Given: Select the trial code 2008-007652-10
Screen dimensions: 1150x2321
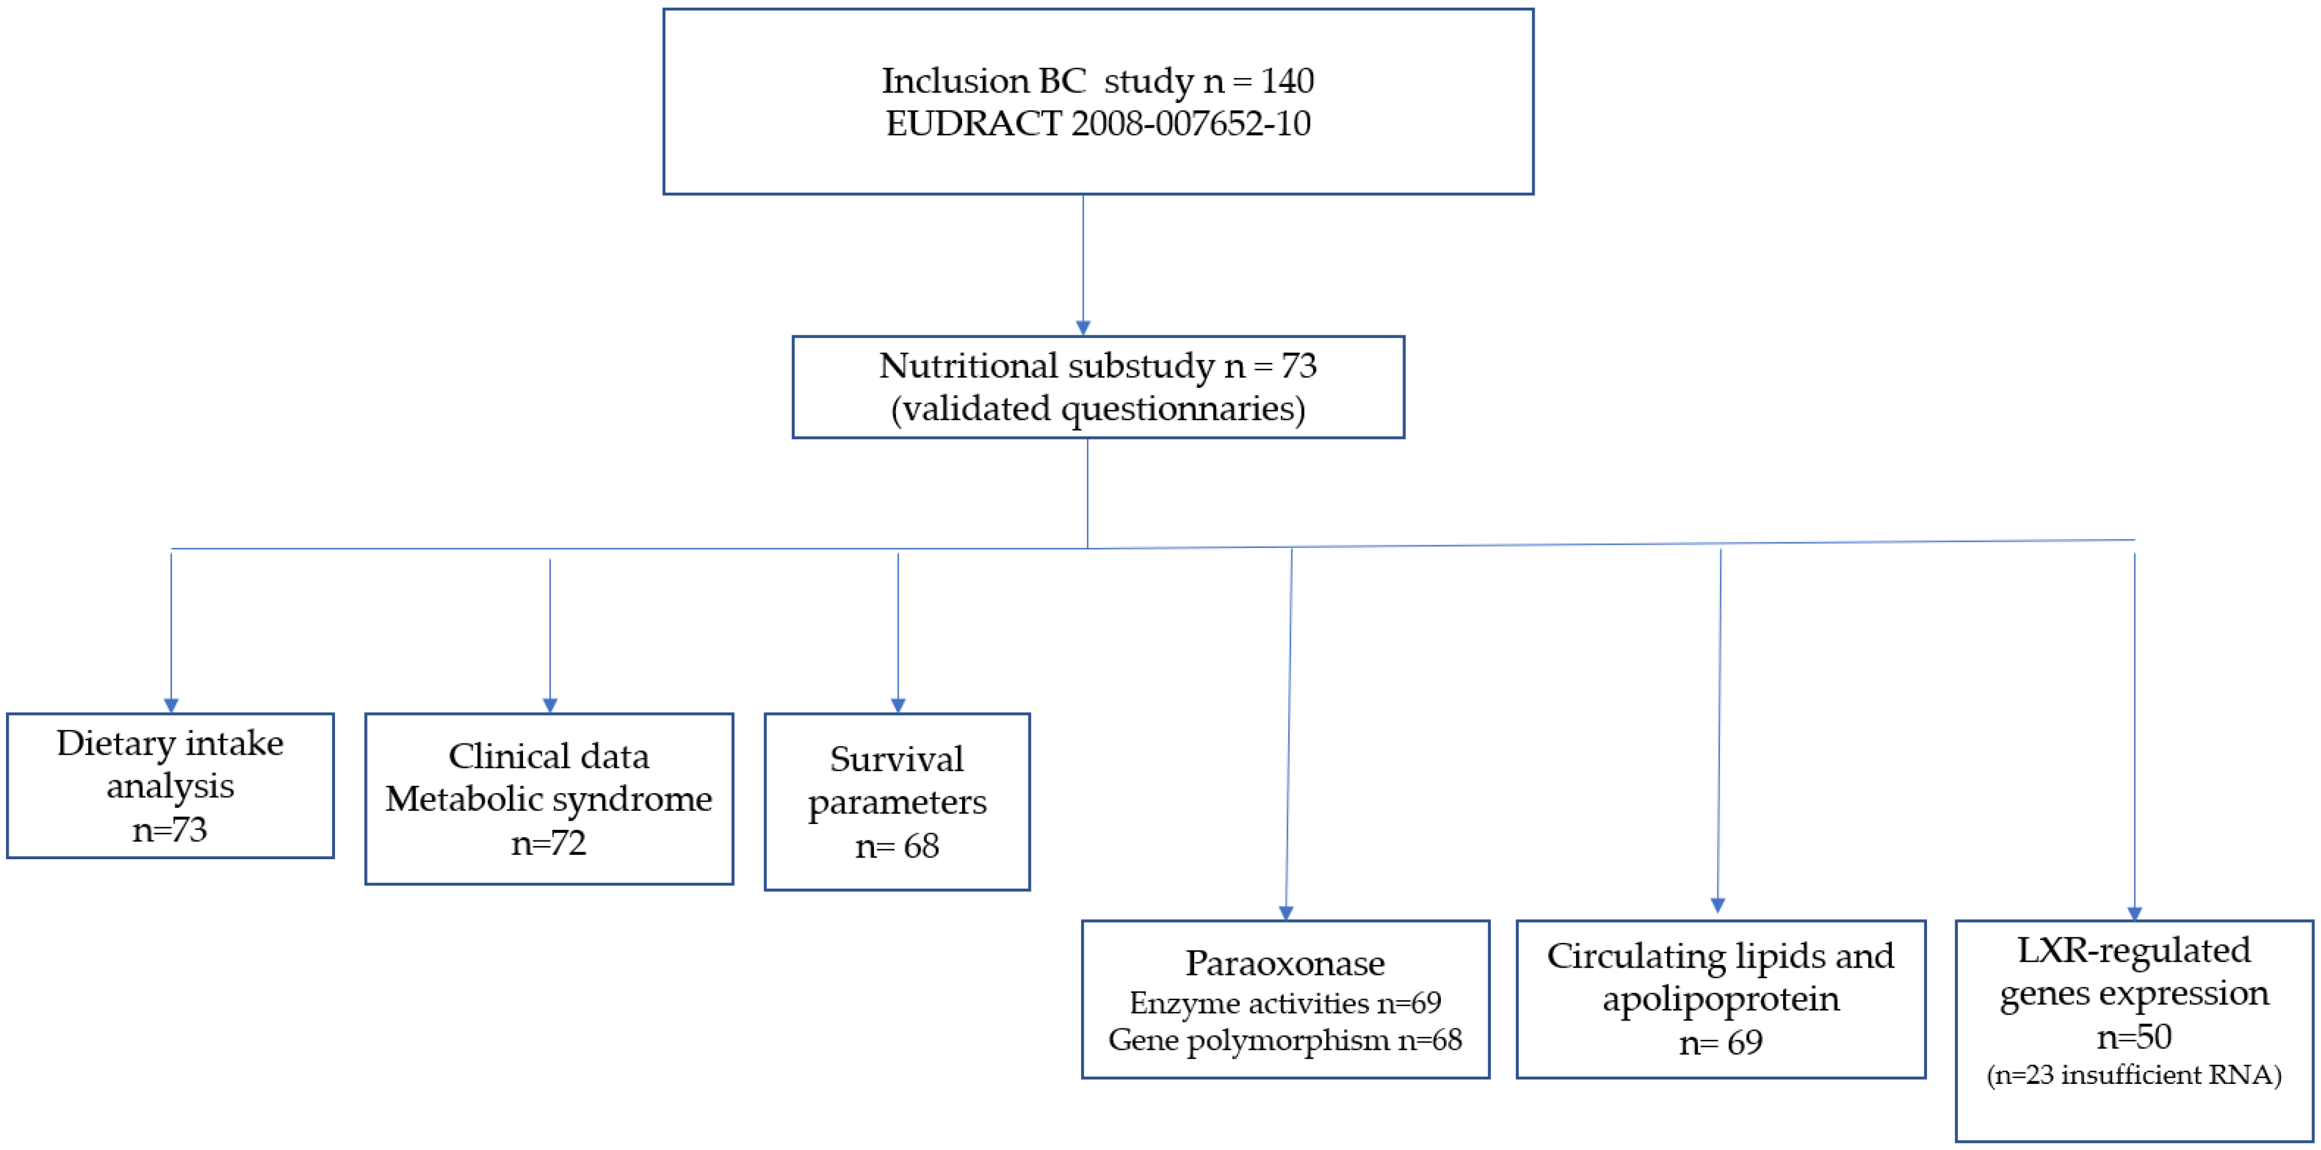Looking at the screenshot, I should pos(1190,123).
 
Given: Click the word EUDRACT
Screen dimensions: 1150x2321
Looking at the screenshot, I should pos(973,123).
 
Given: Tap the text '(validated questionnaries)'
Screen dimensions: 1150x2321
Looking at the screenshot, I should pos(1098,409).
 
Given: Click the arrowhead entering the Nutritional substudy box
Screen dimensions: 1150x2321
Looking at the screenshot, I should pos(1083,328).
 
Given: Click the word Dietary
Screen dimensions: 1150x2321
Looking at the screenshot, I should pos(115,743).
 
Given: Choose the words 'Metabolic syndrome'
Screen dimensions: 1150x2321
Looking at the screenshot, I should pos(549,799).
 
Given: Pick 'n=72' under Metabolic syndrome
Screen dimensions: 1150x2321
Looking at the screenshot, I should pos(549,843).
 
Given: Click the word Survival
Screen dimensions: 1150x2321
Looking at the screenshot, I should pos(897,758).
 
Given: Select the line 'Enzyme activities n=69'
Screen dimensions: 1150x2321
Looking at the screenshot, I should pos(1285,1002).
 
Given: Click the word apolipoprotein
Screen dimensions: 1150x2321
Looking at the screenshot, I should pos(1720,999).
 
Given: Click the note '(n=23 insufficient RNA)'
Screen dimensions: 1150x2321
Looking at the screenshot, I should pos(2134,1075).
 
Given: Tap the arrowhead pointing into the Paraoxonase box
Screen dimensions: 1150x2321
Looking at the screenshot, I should pos(1286,912).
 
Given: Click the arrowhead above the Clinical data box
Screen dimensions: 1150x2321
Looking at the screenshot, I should pos(549,705).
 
